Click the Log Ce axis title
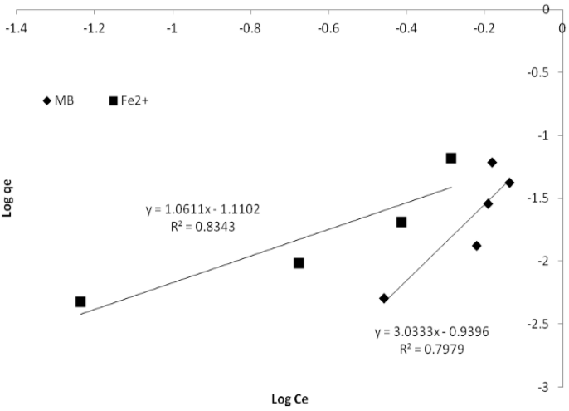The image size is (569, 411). point(291,398)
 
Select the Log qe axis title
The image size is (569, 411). point(7,199)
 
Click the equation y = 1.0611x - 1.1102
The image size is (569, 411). point(203,209)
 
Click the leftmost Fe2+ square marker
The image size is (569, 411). point(80,301)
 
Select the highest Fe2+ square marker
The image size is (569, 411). point(451,158)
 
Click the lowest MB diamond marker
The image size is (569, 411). point(384,298)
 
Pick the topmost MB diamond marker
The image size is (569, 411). point(492,162)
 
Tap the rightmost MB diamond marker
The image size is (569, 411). point(509,182)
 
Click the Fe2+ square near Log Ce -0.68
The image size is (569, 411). point(299,262)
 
